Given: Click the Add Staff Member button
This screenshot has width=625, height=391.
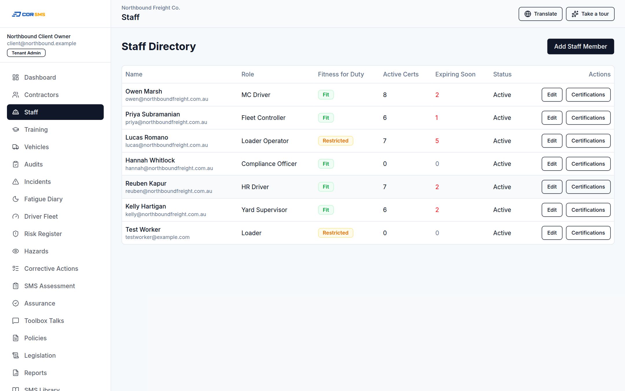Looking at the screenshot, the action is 580,46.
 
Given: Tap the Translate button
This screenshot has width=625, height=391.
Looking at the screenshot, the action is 540,14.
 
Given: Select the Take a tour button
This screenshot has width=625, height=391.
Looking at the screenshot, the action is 590,14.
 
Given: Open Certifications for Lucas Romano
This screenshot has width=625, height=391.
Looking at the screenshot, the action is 588,141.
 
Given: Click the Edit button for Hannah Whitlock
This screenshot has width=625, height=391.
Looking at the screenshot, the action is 552,164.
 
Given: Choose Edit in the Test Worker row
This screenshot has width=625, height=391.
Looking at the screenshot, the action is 552,233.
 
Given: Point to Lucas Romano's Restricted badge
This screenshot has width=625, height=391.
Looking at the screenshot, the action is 335,141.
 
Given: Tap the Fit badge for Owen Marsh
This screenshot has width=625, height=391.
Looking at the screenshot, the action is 326,95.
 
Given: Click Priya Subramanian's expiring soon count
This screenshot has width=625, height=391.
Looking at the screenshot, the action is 437,118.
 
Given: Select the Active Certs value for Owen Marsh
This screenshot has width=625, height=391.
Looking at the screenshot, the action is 385,95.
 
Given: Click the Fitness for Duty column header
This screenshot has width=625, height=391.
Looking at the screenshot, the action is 341,74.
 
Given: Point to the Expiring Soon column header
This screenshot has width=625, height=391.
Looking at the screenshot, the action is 455,74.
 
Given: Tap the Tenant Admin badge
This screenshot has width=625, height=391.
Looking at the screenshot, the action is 26,53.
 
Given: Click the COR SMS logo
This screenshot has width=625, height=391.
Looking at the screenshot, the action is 28,14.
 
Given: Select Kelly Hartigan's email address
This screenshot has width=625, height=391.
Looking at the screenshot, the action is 166,214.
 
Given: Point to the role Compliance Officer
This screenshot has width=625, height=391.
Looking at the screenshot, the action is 269,164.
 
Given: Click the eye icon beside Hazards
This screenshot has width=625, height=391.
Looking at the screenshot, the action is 16,251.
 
